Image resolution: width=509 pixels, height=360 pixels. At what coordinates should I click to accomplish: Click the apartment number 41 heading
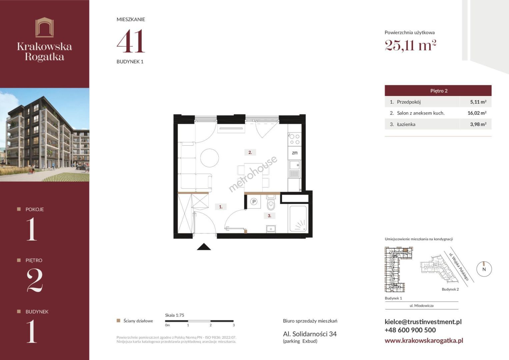(131, 41)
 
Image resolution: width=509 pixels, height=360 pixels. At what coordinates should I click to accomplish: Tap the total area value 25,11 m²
(410, 45)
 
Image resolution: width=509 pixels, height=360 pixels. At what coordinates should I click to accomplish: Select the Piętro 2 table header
(438, 91)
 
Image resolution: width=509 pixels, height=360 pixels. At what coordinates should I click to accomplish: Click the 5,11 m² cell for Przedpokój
(478, 102)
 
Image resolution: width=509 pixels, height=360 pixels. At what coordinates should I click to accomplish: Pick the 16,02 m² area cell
(477, 113)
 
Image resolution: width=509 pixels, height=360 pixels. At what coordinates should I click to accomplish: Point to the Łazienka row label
(406, 124)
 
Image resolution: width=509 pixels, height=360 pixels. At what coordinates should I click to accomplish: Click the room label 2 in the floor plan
(250, 153)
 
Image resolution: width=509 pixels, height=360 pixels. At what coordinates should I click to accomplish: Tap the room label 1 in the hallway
(221, 207)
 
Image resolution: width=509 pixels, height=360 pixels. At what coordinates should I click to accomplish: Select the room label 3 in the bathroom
(269, 216)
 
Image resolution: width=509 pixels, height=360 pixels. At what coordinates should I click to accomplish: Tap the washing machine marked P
(254, 202)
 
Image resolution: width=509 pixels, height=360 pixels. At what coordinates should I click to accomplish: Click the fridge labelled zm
(295, 153)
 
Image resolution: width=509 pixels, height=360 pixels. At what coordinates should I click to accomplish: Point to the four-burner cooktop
(295, 139)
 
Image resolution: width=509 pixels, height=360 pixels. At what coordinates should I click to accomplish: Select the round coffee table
(210, 158)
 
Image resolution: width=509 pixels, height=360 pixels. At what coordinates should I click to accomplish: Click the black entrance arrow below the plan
(204, 247)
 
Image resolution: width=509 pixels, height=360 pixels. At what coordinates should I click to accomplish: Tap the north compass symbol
(484, 269)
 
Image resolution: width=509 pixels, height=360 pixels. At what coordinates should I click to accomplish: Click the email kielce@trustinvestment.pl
(423, 322)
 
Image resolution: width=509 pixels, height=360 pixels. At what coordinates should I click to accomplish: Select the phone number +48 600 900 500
(410, 330)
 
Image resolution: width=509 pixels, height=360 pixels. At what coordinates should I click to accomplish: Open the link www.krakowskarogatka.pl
(424, 340)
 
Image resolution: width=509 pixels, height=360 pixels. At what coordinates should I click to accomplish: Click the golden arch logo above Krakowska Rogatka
(45, 27)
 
